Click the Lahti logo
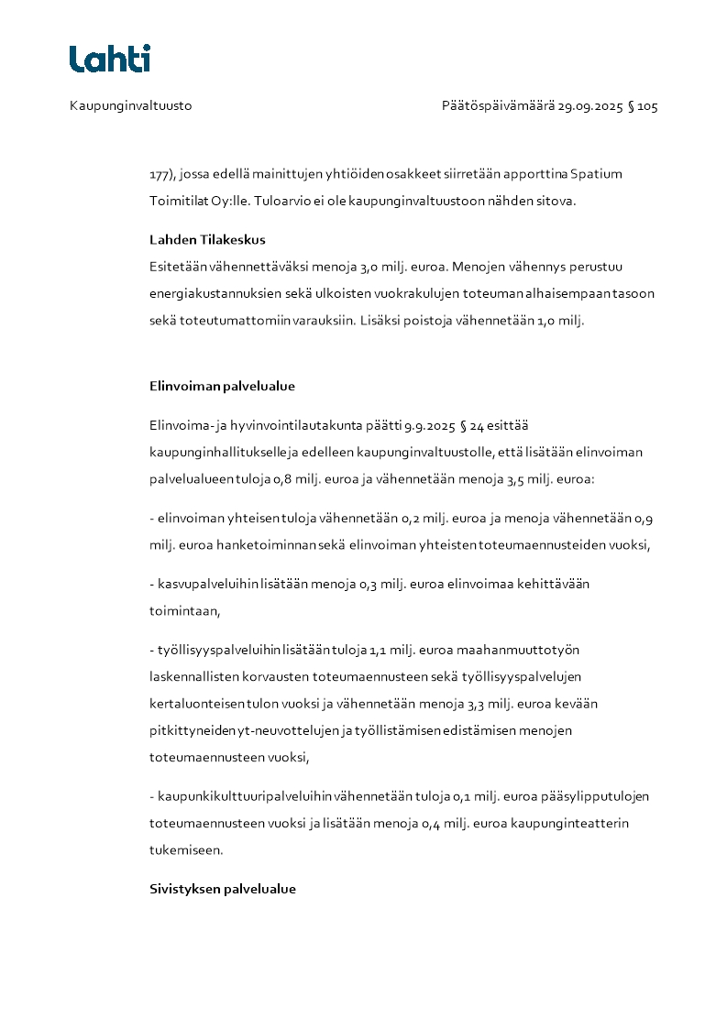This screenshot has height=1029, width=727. tap(110, 59)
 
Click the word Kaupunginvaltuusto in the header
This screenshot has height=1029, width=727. tap(130, 106)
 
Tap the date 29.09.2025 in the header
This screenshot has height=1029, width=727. tap(589, 106)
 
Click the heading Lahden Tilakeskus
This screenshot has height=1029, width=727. tap(207, 240)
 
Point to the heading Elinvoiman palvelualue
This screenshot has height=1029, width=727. tap(222, 386)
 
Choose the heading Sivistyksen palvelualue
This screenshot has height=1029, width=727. tap(223, 890)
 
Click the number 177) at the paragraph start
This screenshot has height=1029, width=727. tap(162, 173)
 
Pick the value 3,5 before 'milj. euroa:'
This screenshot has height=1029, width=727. tap(518, 478)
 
